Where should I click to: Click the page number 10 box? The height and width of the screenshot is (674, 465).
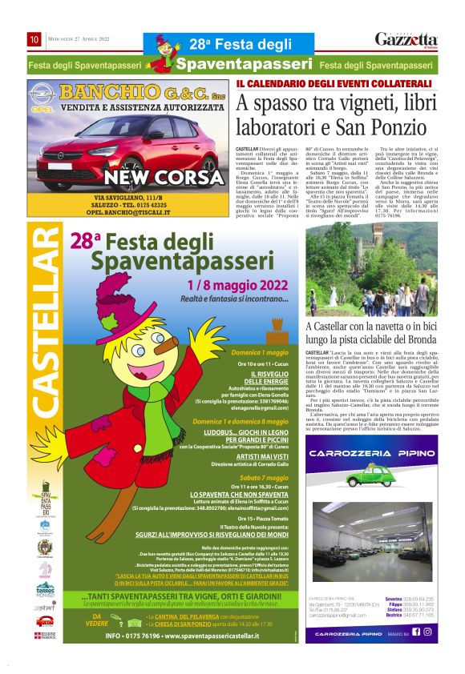point(34,38)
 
